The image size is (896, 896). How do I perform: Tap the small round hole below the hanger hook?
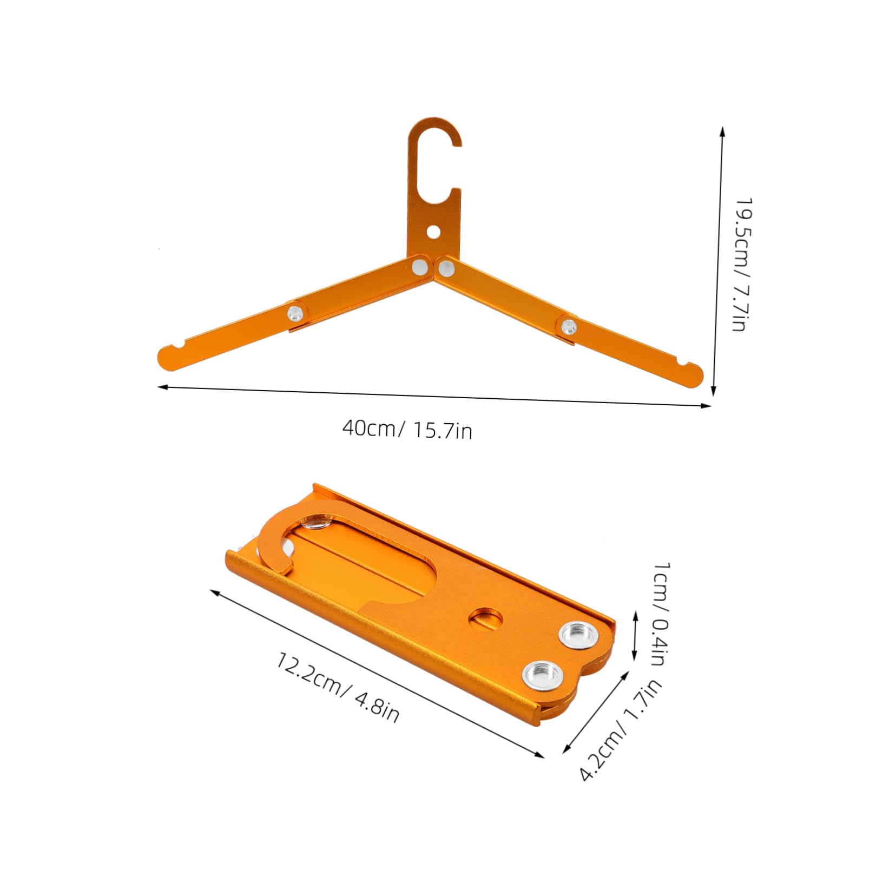pyautogui.click(x=433, y=232)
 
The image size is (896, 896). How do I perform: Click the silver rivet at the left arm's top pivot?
pyautogui.click(x=419, y=266)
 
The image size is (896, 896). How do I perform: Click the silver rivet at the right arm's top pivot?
pyautogui.click(x=446, y=266)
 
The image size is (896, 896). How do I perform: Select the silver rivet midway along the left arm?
pyautogui.click(x=295, y=312)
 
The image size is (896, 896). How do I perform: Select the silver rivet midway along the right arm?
pyautogui.click(x=569, y=326)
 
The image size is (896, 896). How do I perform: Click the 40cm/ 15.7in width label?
pyautogui.click(x=407, y=430)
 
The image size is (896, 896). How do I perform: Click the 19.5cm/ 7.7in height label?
pyautogui.click(x=740, y=264)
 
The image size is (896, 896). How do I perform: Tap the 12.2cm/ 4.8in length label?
pyautogui.click(x=338, y=688)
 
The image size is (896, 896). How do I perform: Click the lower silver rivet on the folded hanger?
pyautogui.click(x=542, y=674)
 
